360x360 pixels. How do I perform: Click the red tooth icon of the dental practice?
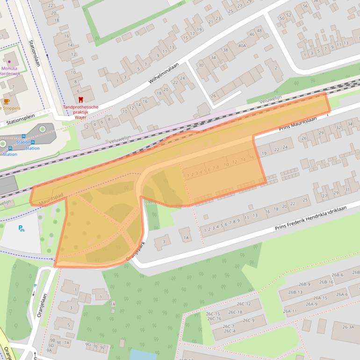coord(80,100)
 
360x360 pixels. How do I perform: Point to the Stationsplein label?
coord(20,122)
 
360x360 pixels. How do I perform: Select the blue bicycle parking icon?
coord(21,229)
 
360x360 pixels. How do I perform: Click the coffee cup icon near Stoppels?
coord(6,101)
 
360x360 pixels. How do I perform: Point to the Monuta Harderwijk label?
coord(9,71)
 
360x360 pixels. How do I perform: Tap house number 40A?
coord(242,46)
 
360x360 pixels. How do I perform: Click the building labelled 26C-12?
coord(241,304)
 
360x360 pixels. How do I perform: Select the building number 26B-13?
coord(295,292)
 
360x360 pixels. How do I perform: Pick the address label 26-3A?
coord(348,327)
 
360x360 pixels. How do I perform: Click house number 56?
coord(305,6)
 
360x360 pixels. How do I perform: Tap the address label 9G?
coord(87,345)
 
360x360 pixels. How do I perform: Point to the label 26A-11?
coord(290,311)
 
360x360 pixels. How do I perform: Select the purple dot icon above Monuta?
coord(9,61)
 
